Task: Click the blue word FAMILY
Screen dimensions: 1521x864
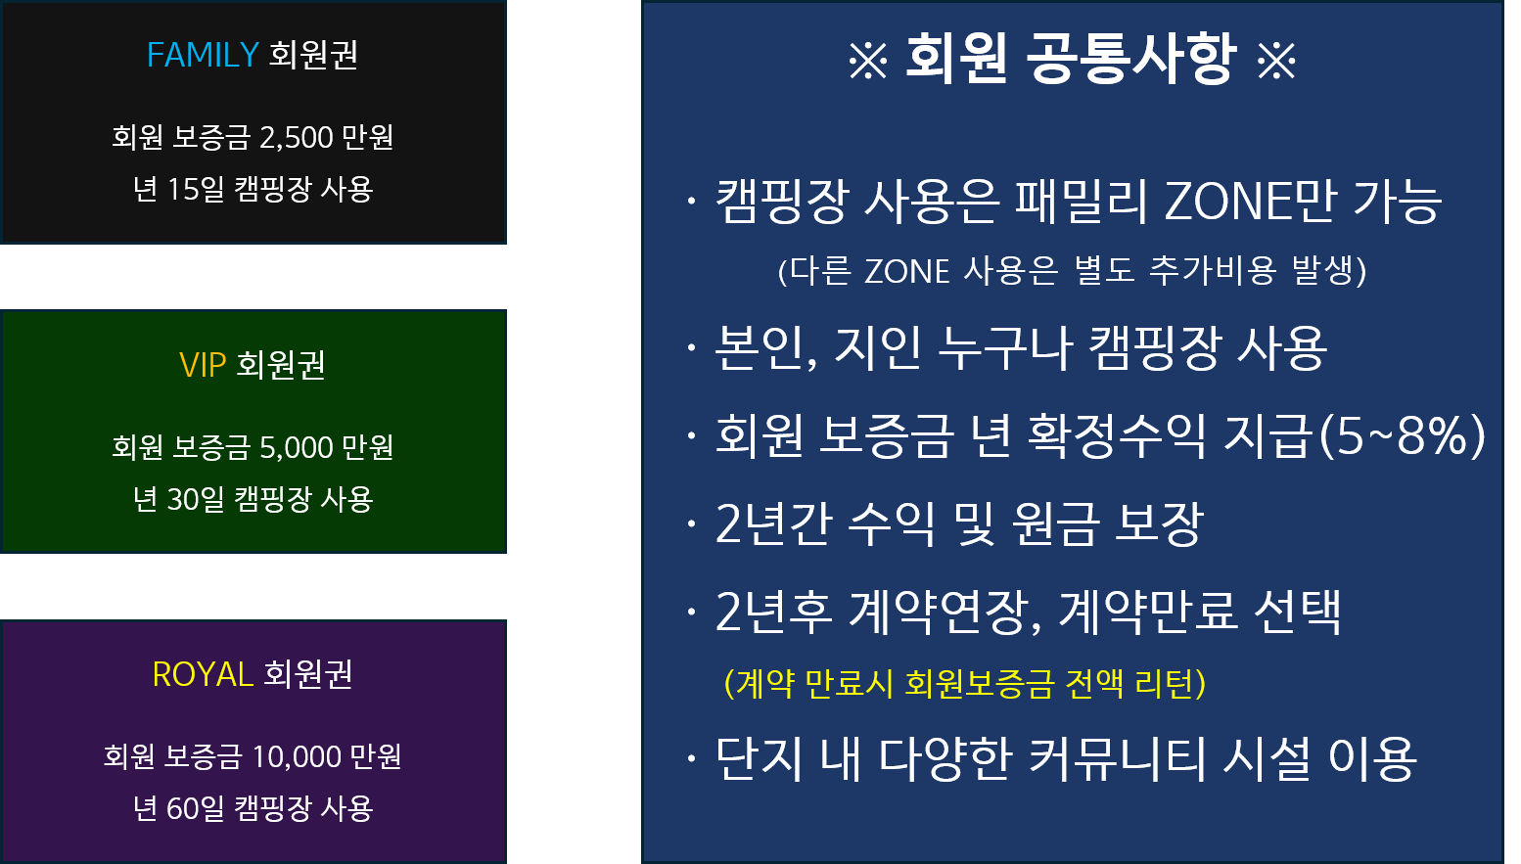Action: coord(203,55)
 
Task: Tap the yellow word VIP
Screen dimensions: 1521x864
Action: coord(203,365)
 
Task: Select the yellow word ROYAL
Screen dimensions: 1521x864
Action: coord(203,674)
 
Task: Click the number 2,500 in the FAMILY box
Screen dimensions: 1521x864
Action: coord(296,138)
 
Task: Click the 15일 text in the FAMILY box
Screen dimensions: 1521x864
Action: coord(196,189)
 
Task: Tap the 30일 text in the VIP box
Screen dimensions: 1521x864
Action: coord(196,499)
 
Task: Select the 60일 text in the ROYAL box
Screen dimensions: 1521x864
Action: coord(196,808)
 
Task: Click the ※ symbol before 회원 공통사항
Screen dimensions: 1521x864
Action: coord(868,61)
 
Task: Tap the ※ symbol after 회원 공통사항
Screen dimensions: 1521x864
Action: coord(1276,61)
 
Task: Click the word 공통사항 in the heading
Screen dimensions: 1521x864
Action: coord(1129,59)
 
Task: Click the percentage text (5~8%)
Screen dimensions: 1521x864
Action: coord(1402,435)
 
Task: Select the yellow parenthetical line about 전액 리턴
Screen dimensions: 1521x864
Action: coord(965,683)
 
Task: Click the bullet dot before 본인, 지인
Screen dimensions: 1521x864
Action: coord(691,347)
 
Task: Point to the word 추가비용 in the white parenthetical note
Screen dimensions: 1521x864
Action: coord(1213,271)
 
